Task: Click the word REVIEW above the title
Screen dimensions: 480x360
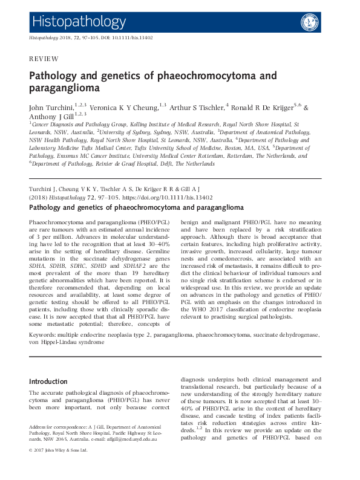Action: tap(44, 59)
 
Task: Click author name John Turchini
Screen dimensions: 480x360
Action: tap(51, 108)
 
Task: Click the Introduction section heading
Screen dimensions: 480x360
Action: tap(48, 381)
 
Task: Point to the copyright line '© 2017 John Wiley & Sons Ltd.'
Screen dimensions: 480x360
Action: tap(59, 450)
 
